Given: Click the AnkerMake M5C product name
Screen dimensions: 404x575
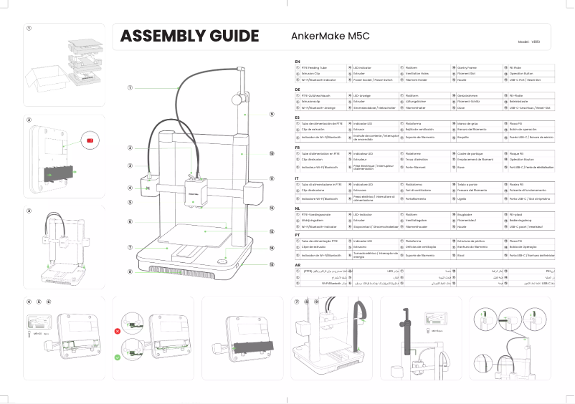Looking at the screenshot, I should [330, 37].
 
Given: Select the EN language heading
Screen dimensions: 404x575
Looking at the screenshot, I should [298, 62].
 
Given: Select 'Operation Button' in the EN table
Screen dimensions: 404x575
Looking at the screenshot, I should [522, 74].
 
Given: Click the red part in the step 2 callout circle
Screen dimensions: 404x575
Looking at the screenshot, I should [90, 140].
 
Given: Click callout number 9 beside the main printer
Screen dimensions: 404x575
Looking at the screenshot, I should [272, 114].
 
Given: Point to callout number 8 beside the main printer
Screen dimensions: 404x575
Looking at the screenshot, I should [130, 272].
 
